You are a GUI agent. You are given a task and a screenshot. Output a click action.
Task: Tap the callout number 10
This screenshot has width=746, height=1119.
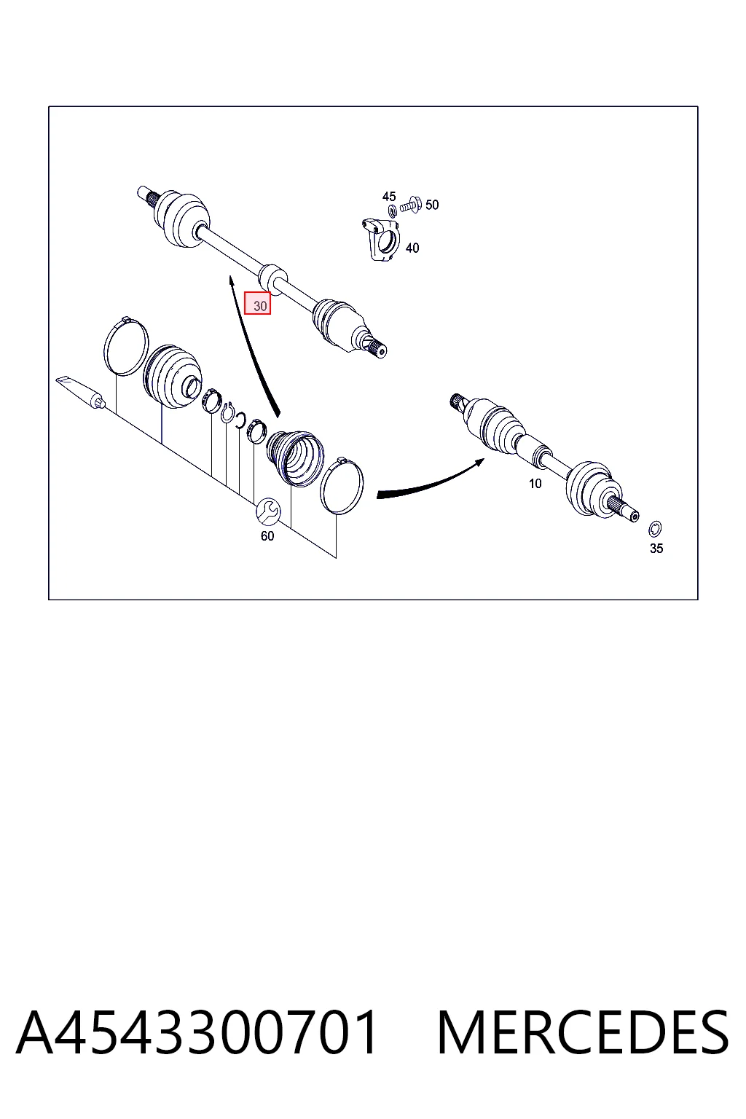coord(535,484)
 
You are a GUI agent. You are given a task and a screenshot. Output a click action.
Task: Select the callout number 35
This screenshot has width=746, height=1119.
coord(656,548)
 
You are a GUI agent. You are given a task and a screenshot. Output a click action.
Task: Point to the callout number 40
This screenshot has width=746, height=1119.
coord(412,248)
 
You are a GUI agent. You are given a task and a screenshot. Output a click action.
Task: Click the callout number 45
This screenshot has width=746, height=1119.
coord(389,196)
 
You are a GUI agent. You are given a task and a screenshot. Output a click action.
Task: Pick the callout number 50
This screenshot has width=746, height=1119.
coord(432,205)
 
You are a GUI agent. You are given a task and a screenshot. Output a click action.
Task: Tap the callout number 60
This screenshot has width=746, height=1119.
coord(267,536)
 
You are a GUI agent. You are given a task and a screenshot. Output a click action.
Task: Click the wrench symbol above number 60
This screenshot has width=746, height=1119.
coord(268,511)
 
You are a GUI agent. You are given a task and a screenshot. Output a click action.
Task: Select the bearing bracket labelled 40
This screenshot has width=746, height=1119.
coord(381,239)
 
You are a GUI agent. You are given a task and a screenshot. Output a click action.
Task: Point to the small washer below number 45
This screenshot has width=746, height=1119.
coord(392,211)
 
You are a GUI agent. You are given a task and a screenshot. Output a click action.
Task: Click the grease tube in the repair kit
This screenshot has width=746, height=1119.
coord(80,393)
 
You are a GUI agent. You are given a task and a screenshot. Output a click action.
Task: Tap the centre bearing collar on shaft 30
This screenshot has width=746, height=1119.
coord(273,278)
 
